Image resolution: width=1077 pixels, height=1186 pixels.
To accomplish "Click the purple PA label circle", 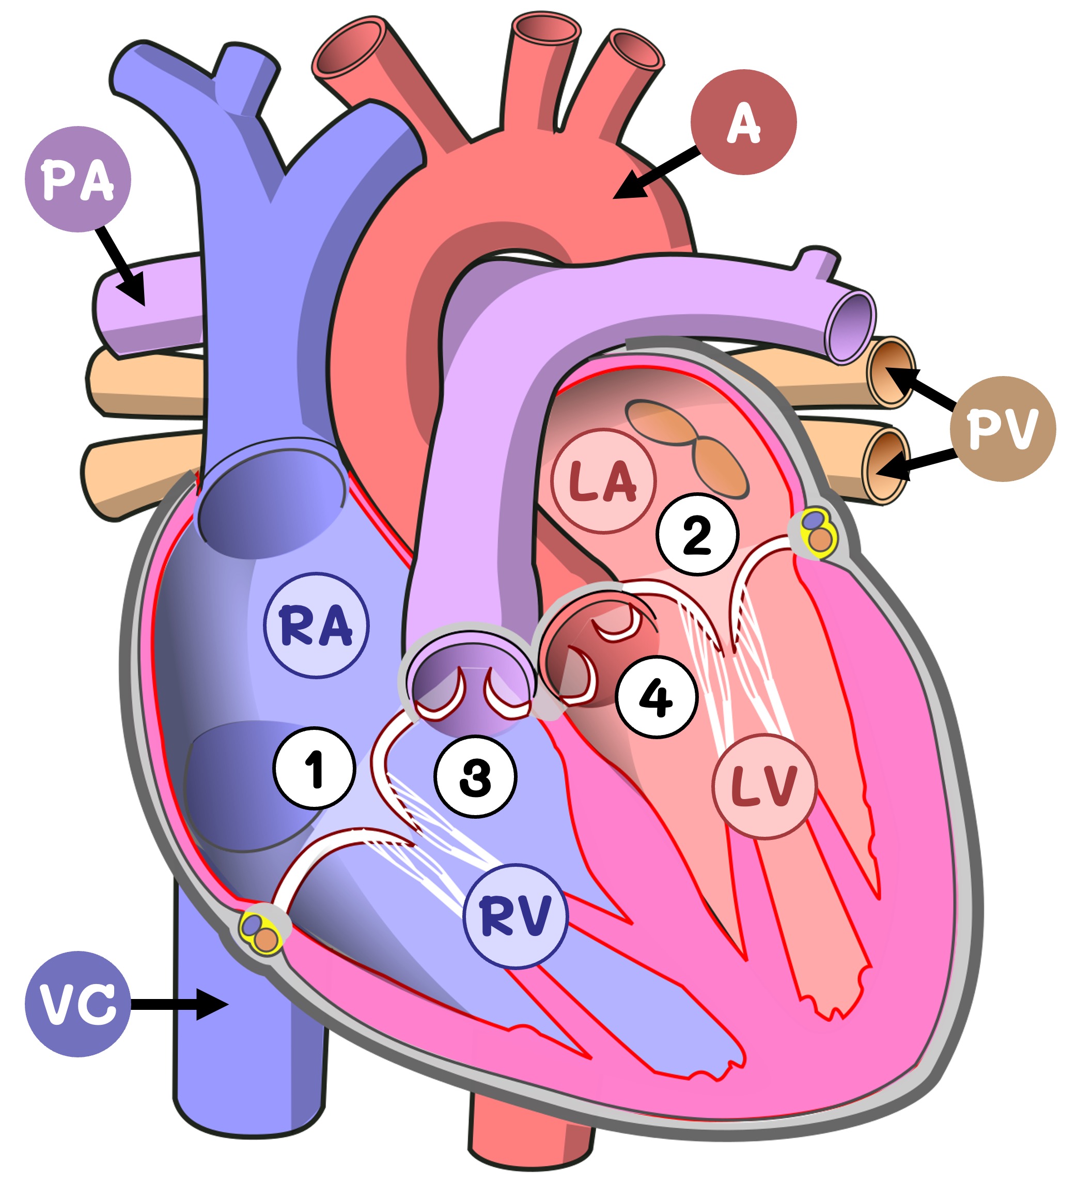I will [x=77, y=179].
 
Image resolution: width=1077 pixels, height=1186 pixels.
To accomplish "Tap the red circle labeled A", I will [x=743, y=122].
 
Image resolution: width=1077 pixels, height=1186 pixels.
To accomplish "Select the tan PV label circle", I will [x=1003, y=429].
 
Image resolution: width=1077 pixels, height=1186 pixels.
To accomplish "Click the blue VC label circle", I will [x=77, y=1004].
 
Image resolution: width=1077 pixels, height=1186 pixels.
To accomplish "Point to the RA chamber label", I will [x=316, y=626].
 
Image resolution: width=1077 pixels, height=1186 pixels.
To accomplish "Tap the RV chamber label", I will [x=516, y=916].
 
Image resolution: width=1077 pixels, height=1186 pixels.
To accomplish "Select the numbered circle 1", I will [x=315, y=768].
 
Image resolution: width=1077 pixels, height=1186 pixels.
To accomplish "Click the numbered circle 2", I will [x=697, y=534].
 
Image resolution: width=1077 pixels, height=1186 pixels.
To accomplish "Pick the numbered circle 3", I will [x=475, y=776].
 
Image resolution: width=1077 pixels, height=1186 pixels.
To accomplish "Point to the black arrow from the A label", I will [x=656, y=173].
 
